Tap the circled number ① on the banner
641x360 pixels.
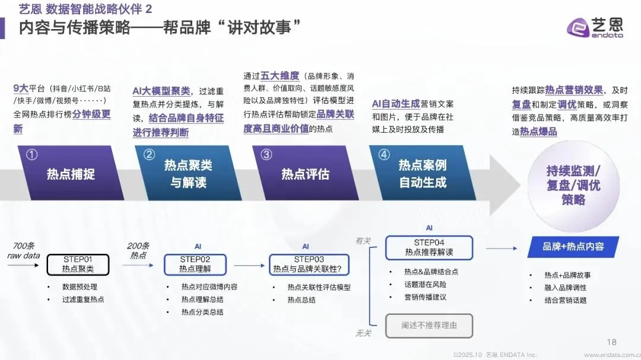click(32, 154)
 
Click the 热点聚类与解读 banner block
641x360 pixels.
click(189, 174)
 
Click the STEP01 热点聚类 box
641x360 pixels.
click(78, 264)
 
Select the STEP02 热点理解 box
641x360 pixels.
click(195, 264)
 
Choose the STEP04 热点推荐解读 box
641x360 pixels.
click(429, 247)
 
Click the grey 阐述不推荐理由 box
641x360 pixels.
click(429, 325)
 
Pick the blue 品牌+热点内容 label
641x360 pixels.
click(573, 247)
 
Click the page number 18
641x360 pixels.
click(612, 342)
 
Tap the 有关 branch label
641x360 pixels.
click(363, 240)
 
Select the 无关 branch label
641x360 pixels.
click(363, 333)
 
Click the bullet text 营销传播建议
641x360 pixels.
click(425, 297)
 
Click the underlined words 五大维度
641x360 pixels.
click(280, 77)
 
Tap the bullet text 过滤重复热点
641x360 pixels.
click(83, 300)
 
